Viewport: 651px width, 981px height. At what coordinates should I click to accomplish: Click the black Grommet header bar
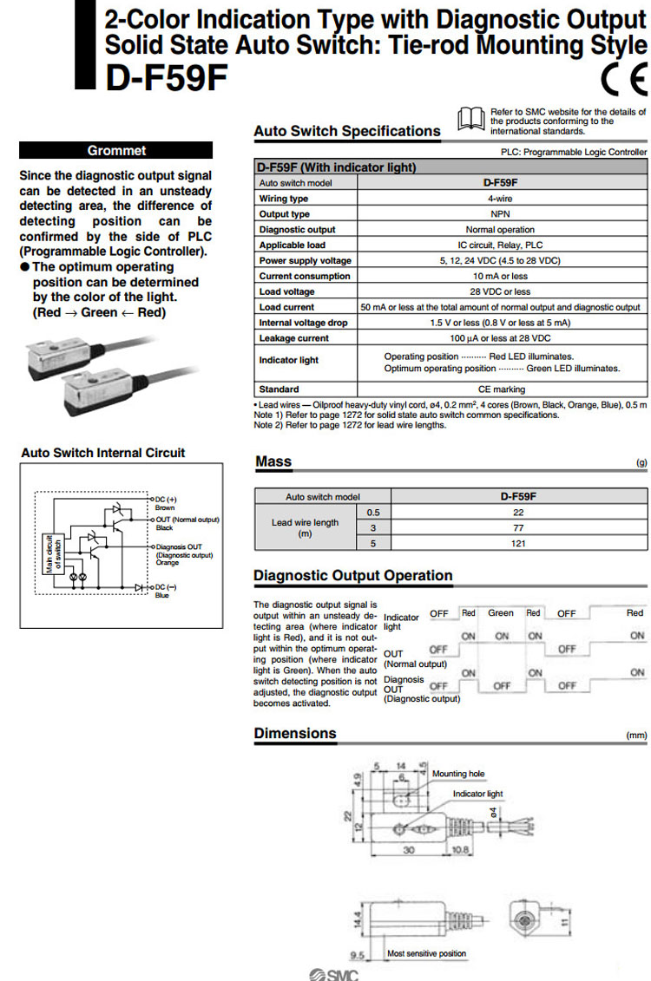click(x=116, y=150)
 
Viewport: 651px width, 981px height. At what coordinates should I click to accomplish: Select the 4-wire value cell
click(x=500, y=199)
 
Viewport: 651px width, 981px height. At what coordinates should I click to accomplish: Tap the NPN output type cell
click(x=500, y=214)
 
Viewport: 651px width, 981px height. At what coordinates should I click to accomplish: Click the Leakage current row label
click(x=294, y=338)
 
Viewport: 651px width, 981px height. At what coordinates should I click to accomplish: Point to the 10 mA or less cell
click(x=500, y=276)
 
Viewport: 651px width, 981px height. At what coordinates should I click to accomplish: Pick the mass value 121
click(x=518, y=544)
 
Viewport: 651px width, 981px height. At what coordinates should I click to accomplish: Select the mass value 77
click(x=518, y=527)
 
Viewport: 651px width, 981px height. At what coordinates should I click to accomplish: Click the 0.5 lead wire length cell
click(x=374, y=512)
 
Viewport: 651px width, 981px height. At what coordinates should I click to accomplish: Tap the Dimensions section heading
click(x=295, y=734)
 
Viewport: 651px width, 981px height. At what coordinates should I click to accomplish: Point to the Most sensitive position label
click(x=426, y=953)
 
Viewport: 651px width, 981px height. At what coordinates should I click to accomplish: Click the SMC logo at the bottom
click(x=332, y=973)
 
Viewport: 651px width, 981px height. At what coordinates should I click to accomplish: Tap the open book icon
click(x=470, y=117)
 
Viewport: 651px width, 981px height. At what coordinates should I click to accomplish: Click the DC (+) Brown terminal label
click(x=166, y=503)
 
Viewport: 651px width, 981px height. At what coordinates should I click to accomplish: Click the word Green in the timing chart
click(x=501, y=613)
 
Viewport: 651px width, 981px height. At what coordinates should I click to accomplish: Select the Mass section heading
click(x=273, y=462)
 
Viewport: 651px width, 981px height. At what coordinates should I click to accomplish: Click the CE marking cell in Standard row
click(x=500, y=389)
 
